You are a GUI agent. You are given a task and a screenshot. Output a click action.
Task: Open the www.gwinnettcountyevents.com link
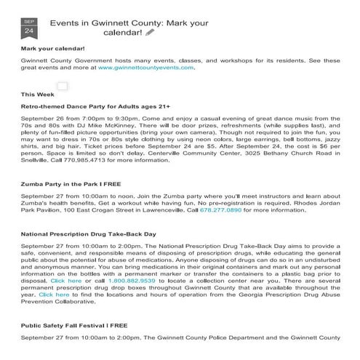pos(146,67)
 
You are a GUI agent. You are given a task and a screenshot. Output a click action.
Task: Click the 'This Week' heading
pos(38,95)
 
